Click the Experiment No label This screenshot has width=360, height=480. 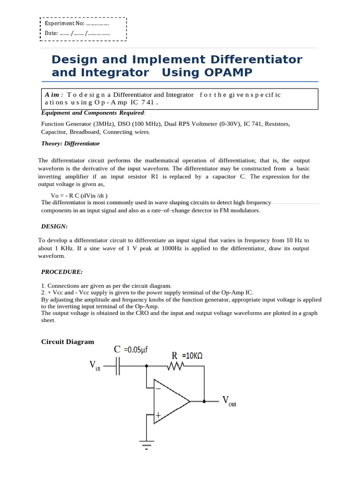click(64, 23)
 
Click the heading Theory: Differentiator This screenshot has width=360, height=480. click(70, 144)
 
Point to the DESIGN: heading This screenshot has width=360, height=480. click(54, 226)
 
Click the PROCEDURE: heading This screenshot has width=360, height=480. click(62, 272)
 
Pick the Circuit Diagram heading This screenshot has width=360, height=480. click(67, 342)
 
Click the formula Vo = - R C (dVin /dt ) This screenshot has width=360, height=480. click(79, 195)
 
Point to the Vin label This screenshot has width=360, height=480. click(95, 365)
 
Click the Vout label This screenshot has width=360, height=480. click(229, 402)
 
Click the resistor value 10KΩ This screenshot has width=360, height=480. click(192, 356)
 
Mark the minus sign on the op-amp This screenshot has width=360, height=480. click(158, 388)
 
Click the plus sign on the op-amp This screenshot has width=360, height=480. click(158, 415)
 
